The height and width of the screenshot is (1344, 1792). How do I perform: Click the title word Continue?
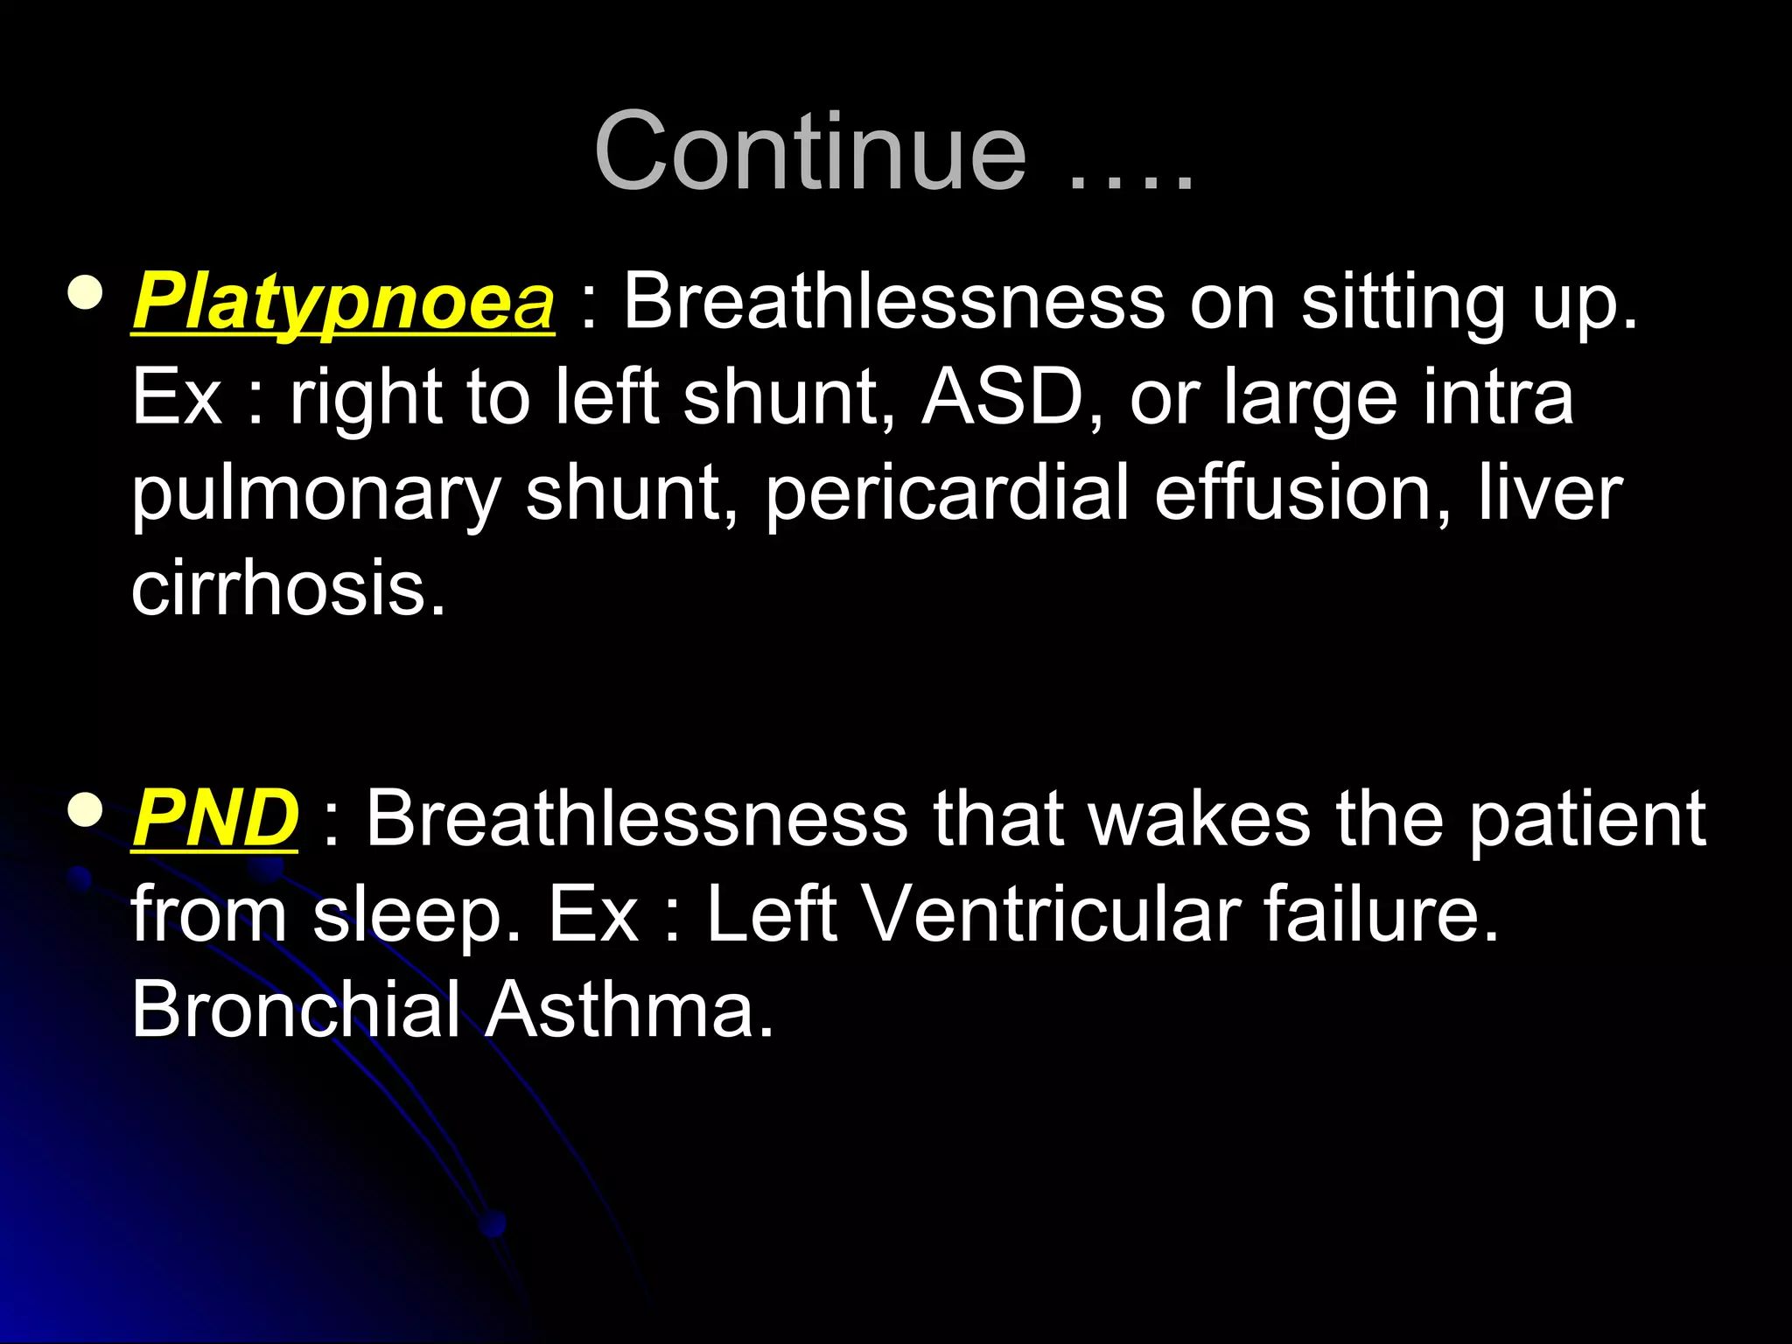pyautogui.click(x=810, y=152)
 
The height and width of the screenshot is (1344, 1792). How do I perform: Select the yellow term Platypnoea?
pyautogui.click(x=342, y=303)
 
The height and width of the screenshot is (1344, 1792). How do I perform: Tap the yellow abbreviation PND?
pyautogui.click(x=214, y=819)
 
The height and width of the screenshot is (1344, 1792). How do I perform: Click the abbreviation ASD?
pyautogui.click(x=1004, y=398)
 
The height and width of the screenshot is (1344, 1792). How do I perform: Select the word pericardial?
pyautogui.click(x=948, y=494)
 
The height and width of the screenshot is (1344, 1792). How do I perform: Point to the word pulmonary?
pyautogui.click(x=315, y=494)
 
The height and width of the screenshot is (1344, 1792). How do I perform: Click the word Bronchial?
pyautogui.click(x=296, y=1010)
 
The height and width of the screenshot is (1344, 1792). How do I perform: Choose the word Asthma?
pyautogui.click(x=629, y=1010)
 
